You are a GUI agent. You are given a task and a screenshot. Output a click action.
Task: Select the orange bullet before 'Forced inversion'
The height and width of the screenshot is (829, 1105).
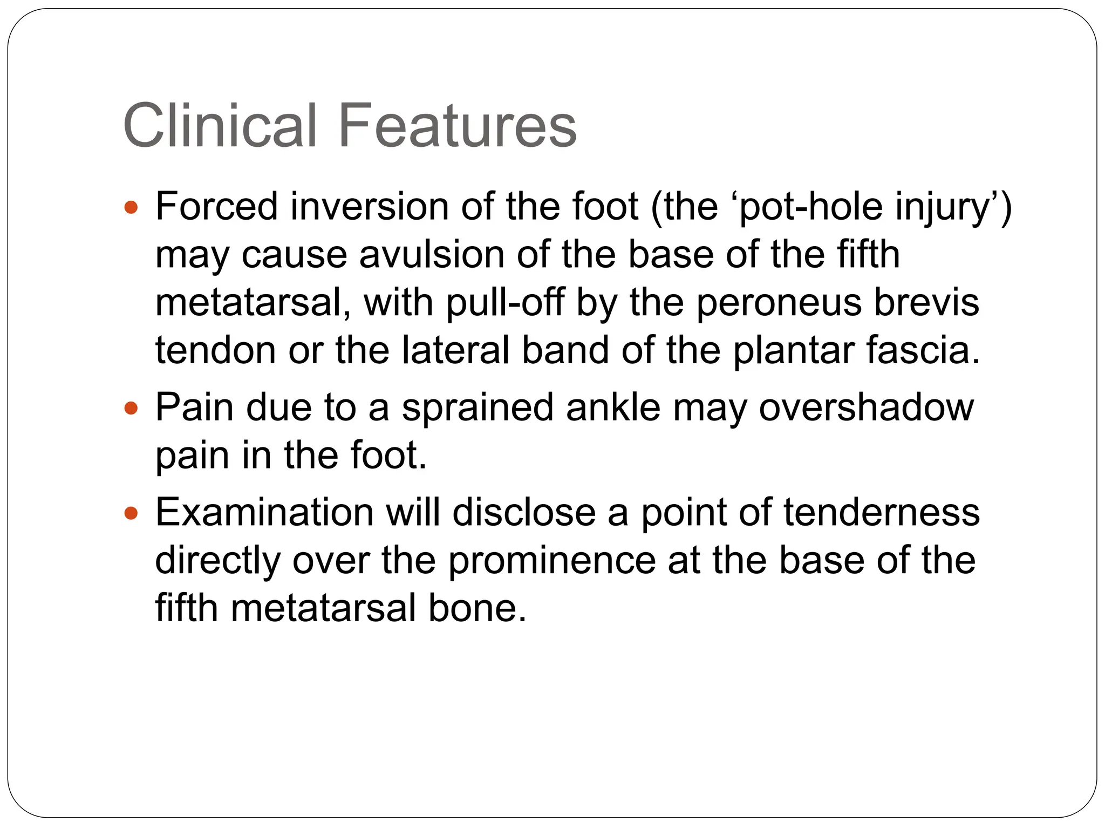[x=131, y=207]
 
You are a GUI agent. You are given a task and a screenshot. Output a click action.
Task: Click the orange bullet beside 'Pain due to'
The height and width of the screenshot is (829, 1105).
[x=131, y=407]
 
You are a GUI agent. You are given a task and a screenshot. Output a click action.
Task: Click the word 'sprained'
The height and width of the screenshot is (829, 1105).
[x=478, y=408]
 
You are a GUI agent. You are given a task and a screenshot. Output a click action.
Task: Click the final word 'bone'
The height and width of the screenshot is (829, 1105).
[x=476, y=608]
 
